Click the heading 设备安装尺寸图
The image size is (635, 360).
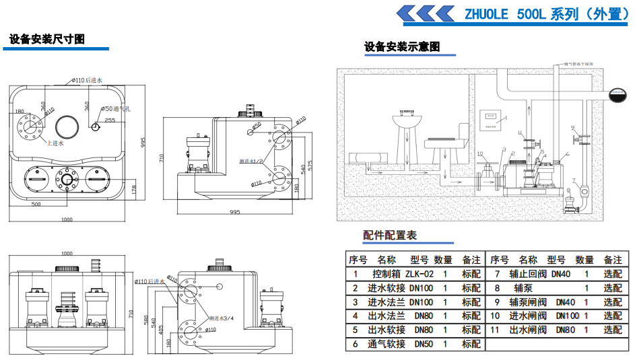click(47, 39)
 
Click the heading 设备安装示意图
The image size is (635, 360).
click(402, 46)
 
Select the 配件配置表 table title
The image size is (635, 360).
click(390, 235)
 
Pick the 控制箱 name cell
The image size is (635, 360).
click(386, 275)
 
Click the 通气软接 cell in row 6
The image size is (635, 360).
click(387, 344)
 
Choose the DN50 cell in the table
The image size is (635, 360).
click(423, 344)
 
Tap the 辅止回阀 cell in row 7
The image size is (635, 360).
click(526, 275)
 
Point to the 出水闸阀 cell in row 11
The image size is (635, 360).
click(526, 330)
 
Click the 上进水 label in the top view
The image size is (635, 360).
click(55, 143)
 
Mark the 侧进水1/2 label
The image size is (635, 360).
click(250, 162)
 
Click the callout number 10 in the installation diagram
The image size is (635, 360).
click(480, 154)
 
